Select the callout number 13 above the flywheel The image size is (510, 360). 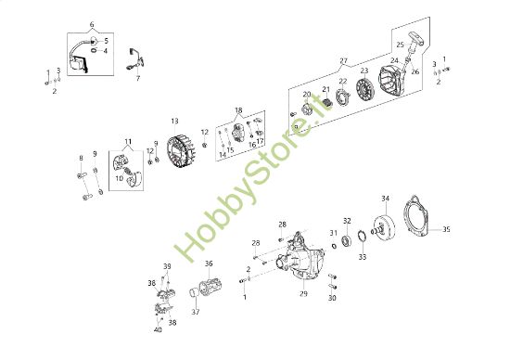pyautogui.click(x=173, y=121)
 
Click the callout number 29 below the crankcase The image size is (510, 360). pyautogui.click(x=302, y=293)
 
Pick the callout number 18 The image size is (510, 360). pyautogui.click(x=238, y=110)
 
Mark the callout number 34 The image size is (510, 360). pyautogui.click(x=386, y=198)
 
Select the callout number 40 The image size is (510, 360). pyautogui.click(x=158, y=329)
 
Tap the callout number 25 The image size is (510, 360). pyautogui.click(x=400, y=45)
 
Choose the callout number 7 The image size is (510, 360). pyautogui.click(x=137, y=78)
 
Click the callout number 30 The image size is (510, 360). pyautogui.click(x=333, y=298)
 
